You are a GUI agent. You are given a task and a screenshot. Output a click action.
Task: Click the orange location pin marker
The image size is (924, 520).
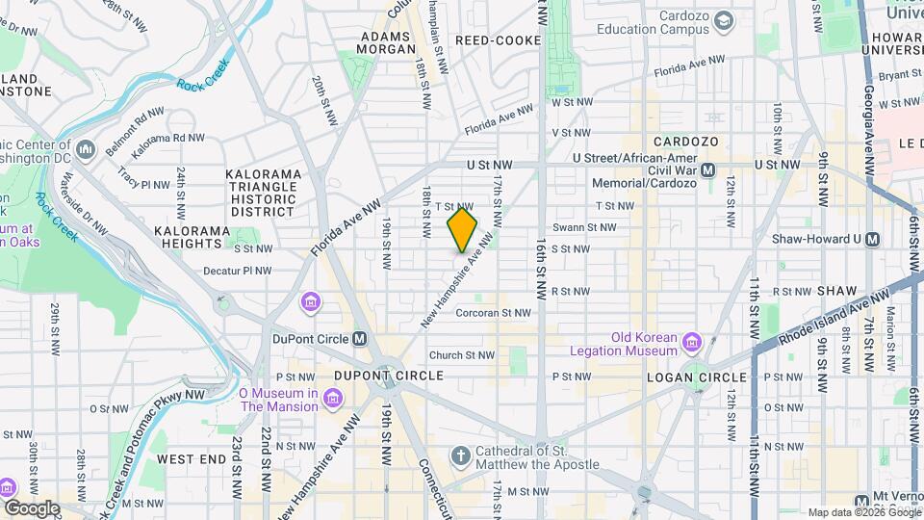[x=462, y=230]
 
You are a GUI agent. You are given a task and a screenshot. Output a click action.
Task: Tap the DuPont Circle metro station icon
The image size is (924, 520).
[x=360, y=338]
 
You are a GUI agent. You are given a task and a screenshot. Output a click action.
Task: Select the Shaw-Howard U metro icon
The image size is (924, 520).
[x=873, y=239]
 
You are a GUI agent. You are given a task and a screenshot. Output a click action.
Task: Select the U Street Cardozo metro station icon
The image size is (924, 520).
[x=708, y=169]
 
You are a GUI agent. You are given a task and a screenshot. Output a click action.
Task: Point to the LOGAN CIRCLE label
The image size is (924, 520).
[x=700, y=376]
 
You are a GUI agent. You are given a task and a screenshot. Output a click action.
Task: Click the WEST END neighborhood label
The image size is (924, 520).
[x=190, y=459]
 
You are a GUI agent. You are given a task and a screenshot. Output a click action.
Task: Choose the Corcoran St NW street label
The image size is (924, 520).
[x=493, y=312]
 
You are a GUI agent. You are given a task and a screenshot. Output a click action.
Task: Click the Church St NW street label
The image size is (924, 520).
[x=462, y=355]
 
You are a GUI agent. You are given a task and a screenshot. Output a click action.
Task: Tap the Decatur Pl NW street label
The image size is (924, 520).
[x=238, y=272]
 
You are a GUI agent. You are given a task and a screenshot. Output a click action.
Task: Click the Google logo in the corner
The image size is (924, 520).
[x=32, y=507]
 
